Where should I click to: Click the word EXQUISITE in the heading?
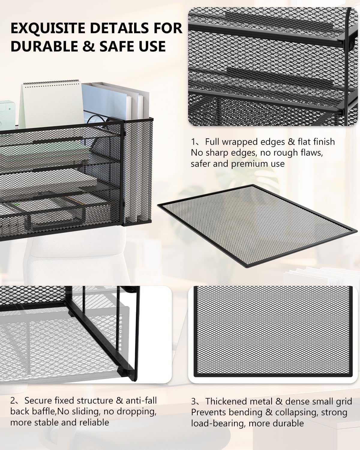(x=48, y=28)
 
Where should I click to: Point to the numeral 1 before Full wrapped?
(x=193, y=142)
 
